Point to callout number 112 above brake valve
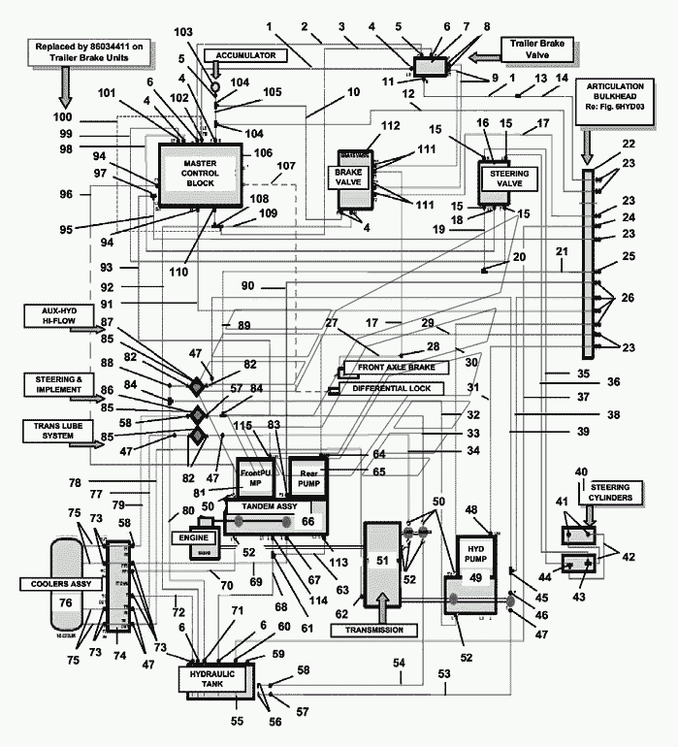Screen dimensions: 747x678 pos(364,127)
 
